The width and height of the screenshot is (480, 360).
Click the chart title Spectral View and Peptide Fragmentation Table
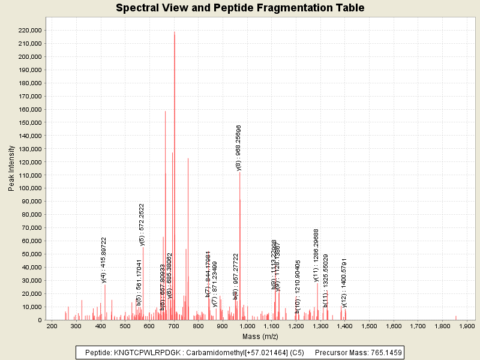tap(240, 8)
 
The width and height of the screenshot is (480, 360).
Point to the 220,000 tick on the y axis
tap(31, 30)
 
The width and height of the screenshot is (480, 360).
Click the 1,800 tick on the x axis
tap(442, 326)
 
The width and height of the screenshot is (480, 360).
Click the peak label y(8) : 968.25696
tap(239, 148)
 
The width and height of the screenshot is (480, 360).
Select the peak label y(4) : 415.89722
tap(104, 259)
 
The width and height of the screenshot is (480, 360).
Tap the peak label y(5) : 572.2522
tap(142, 224)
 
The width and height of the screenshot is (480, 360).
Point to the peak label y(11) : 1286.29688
tap(316, 255)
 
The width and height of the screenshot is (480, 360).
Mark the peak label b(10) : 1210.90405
tap(298, 286)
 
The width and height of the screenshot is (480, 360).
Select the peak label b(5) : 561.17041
tap(139, 282)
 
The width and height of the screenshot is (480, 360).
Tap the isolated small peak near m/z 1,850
tap(456, 317)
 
